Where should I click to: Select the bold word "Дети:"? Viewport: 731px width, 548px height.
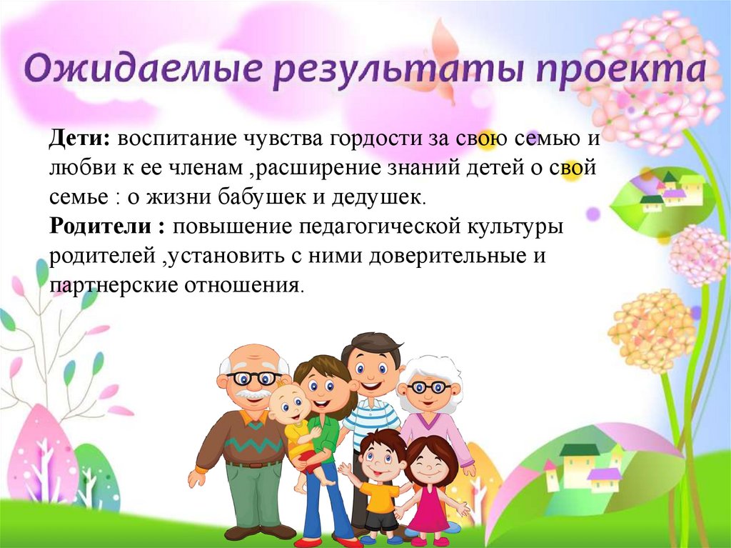(79, 138)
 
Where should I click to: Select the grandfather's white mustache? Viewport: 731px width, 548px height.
(253, 394)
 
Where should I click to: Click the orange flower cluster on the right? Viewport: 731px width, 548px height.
(650, 329)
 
